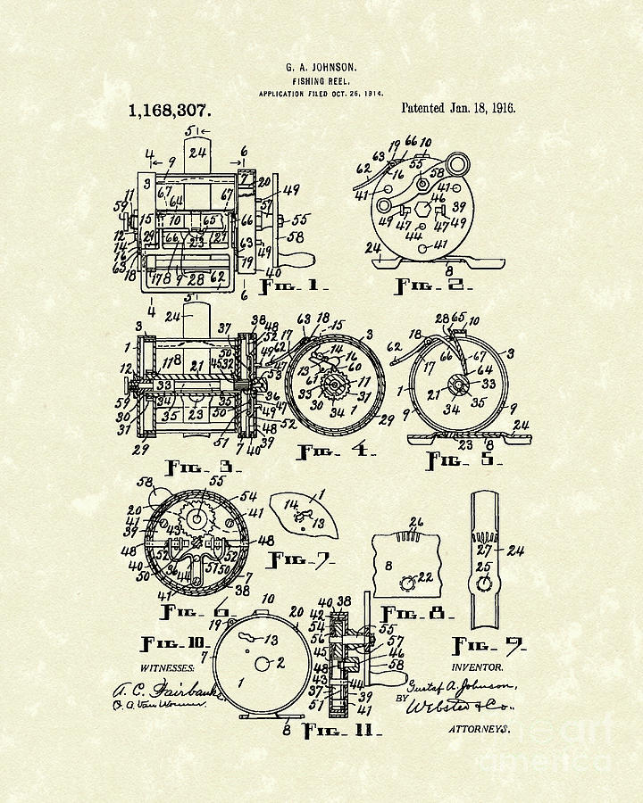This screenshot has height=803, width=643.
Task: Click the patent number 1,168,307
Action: [170, 112]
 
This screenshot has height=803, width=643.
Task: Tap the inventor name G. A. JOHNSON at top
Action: [321, 67]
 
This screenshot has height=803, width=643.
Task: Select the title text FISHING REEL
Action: [321, 79]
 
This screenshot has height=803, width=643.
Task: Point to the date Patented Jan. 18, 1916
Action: [458, 108]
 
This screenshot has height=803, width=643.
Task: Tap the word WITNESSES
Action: [169, 666]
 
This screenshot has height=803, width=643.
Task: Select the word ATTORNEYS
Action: [480, 729]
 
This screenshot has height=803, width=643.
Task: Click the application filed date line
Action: [321, 93]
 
